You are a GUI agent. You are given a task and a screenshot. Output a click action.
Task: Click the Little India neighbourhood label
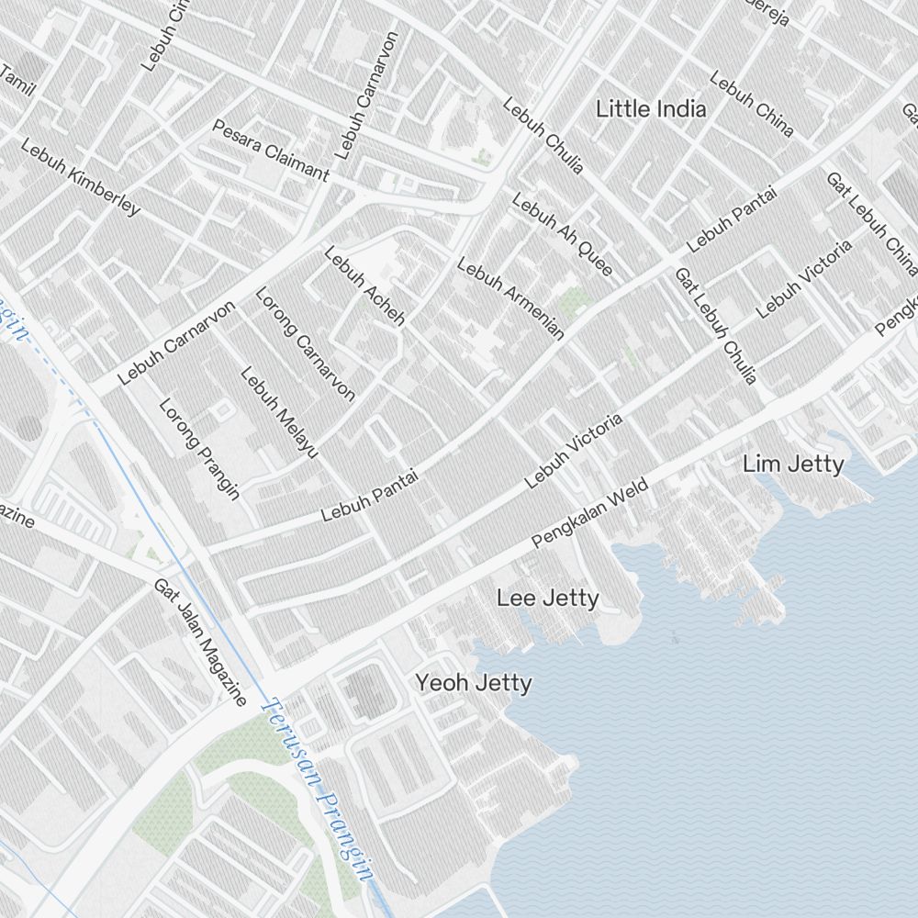coord(651,109)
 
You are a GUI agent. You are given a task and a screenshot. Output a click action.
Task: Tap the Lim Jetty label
coord(793,465)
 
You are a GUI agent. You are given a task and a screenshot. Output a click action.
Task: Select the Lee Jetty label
coord(547,599)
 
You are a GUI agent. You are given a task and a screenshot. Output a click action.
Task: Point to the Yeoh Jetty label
coord(473,683)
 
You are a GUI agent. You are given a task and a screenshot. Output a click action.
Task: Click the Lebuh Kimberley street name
coord(81,177)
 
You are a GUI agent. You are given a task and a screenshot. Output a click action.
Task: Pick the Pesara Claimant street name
coord(270,150)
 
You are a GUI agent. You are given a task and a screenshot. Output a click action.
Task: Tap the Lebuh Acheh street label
coord(364,286)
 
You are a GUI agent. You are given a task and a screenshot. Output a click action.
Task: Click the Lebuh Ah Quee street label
coord(562,234)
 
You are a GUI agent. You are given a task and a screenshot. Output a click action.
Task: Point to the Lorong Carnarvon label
coord(305,344)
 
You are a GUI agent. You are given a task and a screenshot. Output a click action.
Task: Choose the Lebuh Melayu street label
coord(279,412)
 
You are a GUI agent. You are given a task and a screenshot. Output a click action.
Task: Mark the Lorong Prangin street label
coord(199,449)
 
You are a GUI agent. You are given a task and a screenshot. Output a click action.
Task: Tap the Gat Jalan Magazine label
coord(200,643)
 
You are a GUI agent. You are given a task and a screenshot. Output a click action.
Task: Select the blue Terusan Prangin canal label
coord(318,789)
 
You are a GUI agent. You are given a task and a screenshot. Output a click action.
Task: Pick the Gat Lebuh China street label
coord(870,224)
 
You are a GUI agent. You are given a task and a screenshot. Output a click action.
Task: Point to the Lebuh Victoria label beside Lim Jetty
coord(804,278)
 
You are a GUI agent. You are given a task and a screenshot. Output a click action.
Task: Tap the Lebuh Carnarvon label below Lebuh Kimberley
coord(178,343)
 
